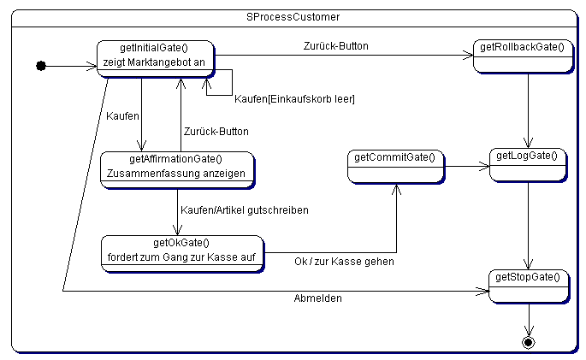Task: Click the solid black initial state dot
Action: click(41, 66)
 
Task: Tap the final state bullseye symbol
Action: click(528, 342)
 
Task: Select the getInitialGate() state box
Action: click(155, 57)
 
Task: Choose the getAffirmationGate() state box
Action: click(177, 166)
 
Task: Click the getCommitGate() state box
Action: click(395, 166)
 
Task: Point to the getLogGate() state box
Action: click(527, 163)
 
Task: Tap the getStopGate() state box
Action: click(528, 285)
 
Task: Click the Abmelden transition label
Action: click(317, 299)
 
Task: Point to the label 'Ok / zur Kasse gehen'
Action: click(344, 261)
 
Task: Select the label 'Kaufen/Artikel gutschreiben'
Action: click(245, 210)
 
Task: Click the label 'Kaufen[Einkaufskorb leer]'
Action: click(294, 99)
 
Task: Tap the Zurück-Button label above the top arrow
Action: click(336, 45)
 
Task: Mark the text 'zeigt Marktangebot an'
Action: click(155, 62)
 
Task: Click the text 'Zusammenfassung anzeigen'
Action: click(176, 173)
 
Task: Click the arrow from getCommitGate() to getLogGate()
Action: click(467, 166)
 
